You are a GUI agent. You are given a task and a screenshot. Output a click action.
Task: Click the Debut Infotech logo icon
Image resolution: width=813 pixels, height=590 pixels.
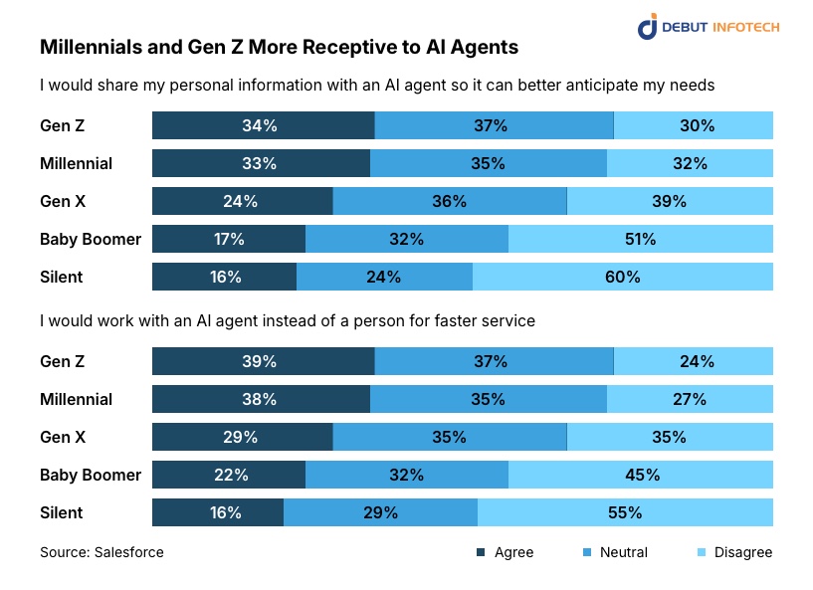648,26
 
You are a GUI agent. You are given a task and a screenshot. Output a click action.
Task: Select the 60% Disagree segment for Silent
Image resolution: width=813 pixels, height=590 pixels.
622,277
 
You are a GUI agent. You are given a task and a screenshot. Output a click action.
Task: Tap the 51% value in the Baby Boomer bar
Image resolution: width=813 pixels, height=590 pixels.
640,239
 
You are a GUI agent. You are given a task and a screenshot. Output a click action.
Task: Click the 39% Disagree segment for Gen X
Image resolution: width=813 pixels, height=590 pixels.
670,201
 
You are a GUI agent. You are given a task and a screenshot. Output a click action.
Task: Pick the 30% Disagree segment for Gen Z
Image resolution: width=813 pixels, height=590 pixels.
697,125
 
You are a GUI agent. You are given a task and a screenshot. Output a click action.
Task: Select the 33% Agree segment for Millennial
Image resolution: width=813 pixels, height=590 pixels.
260,163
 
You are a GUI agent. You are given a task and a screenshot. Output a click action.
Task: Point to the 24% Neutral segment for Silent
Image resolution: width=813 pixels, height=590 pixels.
383,277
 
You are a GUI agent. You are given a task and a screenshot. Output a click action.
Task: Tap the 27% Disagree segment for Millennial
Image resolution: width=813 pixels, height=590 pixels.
689,399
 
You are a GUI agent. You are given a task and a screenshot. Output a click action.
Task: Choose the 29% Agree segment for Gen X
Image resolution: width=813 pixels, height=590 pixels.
241,437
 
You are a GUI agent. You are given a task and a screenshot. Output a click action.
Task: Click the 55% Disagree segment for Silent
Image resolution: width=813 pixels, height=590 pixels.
624,512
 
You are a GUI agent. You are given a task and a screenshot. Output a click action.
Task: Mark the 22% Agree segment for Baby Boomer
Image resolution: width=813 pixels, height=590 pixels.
230,475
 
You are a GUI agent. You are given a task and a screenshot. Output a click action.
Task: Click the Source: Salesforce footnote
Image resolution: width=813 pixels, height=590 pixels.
102,552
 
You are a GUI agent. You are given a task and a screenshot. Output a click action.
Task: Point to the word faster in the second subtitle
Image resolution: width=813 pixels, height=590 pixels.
448,321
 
